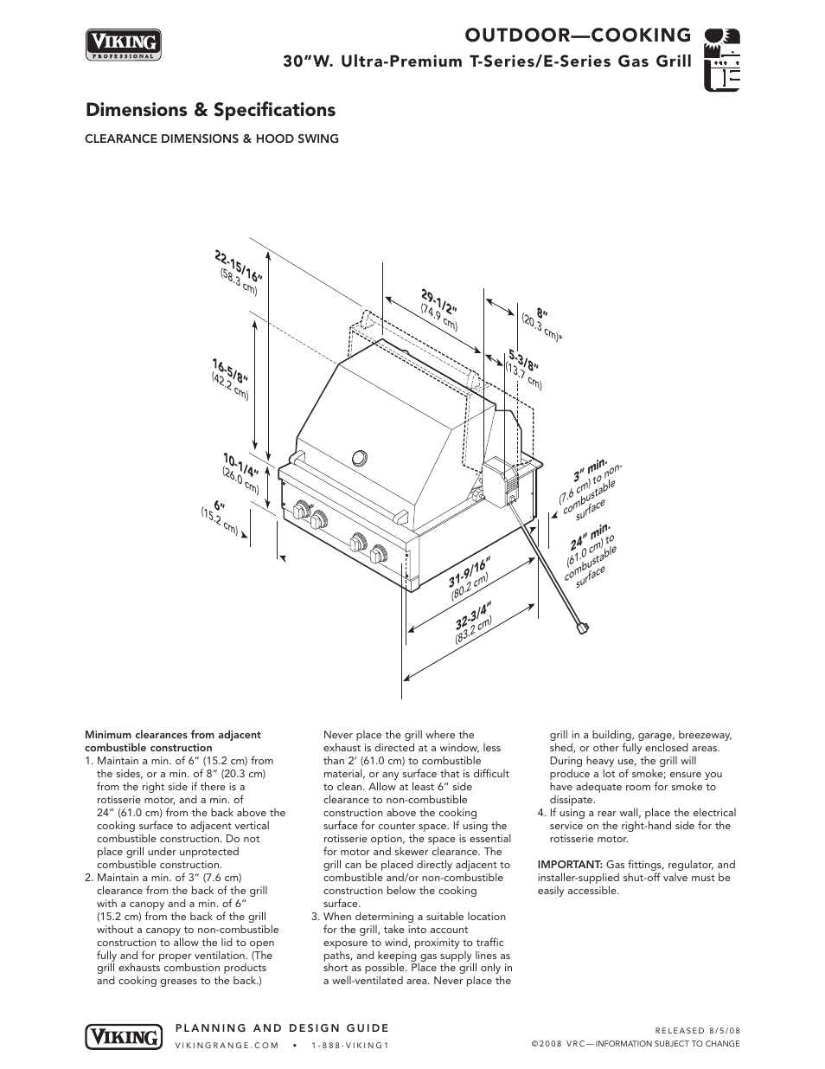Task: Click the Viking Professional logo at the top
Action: click(x=123, y=44)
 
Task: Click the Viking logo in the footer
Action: click(x=123, y=1035)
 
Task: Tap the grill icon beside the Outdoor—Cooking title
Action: click(x=722, y=59)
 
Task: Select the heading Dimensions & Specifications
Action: click(x=210, y=110)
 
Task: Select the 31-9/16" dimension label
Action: click(x=470, y=573)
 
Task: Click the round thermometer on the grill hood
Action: click(x=360, y=458)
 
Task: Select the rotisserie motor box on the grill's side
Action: click(x=499, y=480)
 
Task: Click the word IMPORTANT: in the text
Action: click(x=570, y=865)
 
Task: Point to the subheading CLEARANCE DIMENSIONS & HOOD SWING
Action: click(x=211, y=138)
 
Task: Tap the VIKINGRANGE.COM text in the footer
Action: click(x=226, y=1045)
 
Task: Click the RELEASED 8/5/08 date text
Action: click(x=697, y=1031)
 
